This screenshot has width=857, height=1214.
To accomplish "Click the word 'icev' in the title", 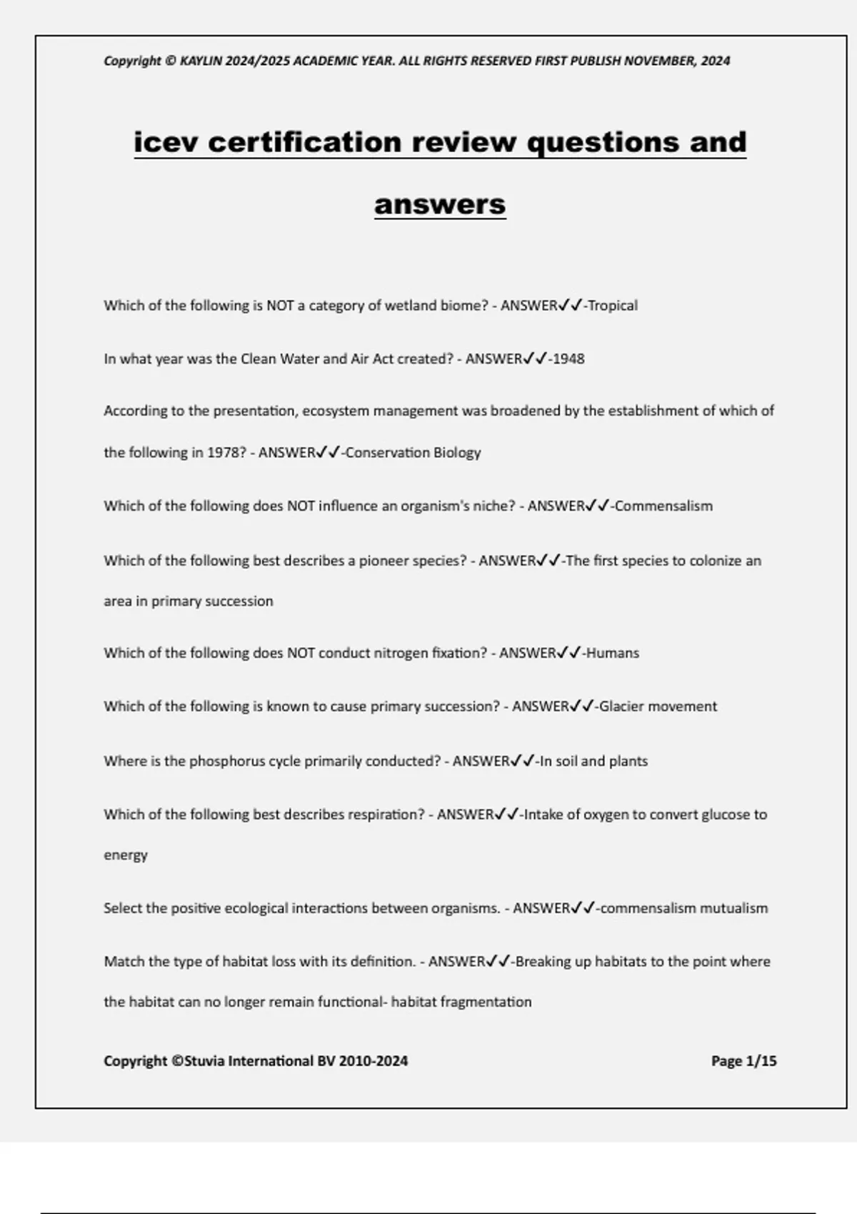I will (166, 142).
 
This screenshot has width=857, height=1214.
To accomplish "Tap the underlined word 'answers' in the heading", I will (440, 204).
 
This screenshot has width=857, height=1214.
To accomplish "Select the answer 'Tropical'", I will (612, 306).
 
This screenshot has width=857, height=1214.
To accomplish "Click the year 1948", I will (568, 359).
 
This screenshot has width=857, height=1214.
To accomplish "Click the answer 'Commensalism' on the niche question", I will (663, 506).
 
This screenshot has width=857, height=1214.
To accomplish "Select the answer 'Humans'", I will (613, 653).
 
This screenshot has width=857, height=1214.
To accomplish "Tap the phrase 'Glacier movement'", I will (658, 707).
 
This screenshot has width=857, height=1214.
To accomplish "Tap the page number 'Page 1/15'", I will (743, 1061).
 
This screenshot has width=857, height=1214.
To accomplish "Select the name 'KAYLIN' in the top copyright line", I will (201, 61).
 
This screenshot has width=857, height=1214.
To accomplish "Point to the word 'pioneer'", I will (383, 561).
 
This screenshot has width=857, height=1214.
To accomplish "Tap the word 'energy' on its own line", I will (126, 856).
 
